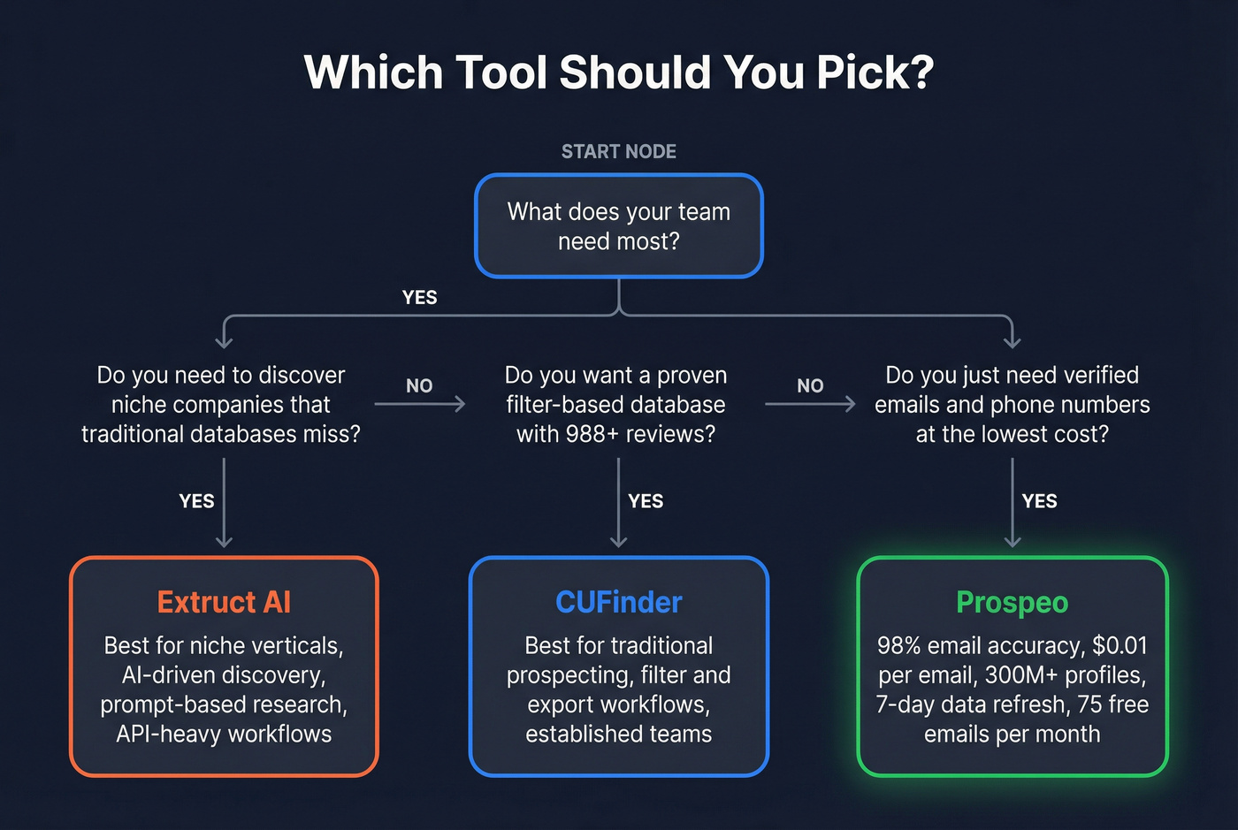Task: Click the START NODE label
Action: (x=618, y=152)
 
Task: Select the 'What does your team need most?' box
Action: (x=618, y=226)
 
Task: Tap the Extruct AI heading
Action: (x=224, y=602)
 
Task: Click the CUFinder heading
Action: (x=618, y=602)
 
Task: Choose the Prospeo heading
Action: (x=1012, y=602)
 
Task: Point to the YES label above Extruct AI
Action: (x=196, y=501)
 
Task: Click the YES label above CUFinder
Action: (x=646, y=501)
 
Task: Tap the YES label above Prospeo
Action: (x=1039, y=501)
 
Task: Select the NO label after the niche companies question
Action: (x=419, y=386)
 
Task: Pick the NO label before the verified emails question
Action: (x=810, y=386)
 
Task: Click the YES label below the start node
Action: (x=419, y=298)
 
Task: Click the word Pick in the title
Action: (x=874, y=72)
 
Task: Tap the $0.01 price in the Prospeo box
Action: (x=1120, y=645)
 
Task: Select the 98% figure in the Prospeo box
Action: (x=898, y=645)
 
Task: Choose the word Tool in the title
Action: (x=501, y=72)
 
